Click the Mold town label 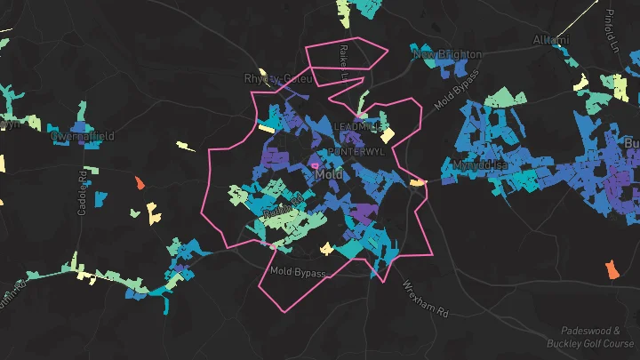(329, 175)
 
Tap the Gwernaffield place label (83, 136)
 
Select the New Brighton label (447, 54)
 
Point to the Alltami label (549, 40)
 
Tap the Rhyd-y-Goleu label (278, 78)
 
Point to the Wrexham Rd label (426, 300)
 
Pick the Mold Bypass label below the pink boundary (299, 270)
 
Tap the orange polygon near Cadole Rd (140, 182)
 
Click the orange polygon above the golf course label (611, 268)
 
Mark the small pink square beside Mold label (314, 164)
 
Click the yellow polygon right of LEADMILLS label (388, 136)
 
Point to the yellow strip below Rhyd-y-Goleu (267, 127)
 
